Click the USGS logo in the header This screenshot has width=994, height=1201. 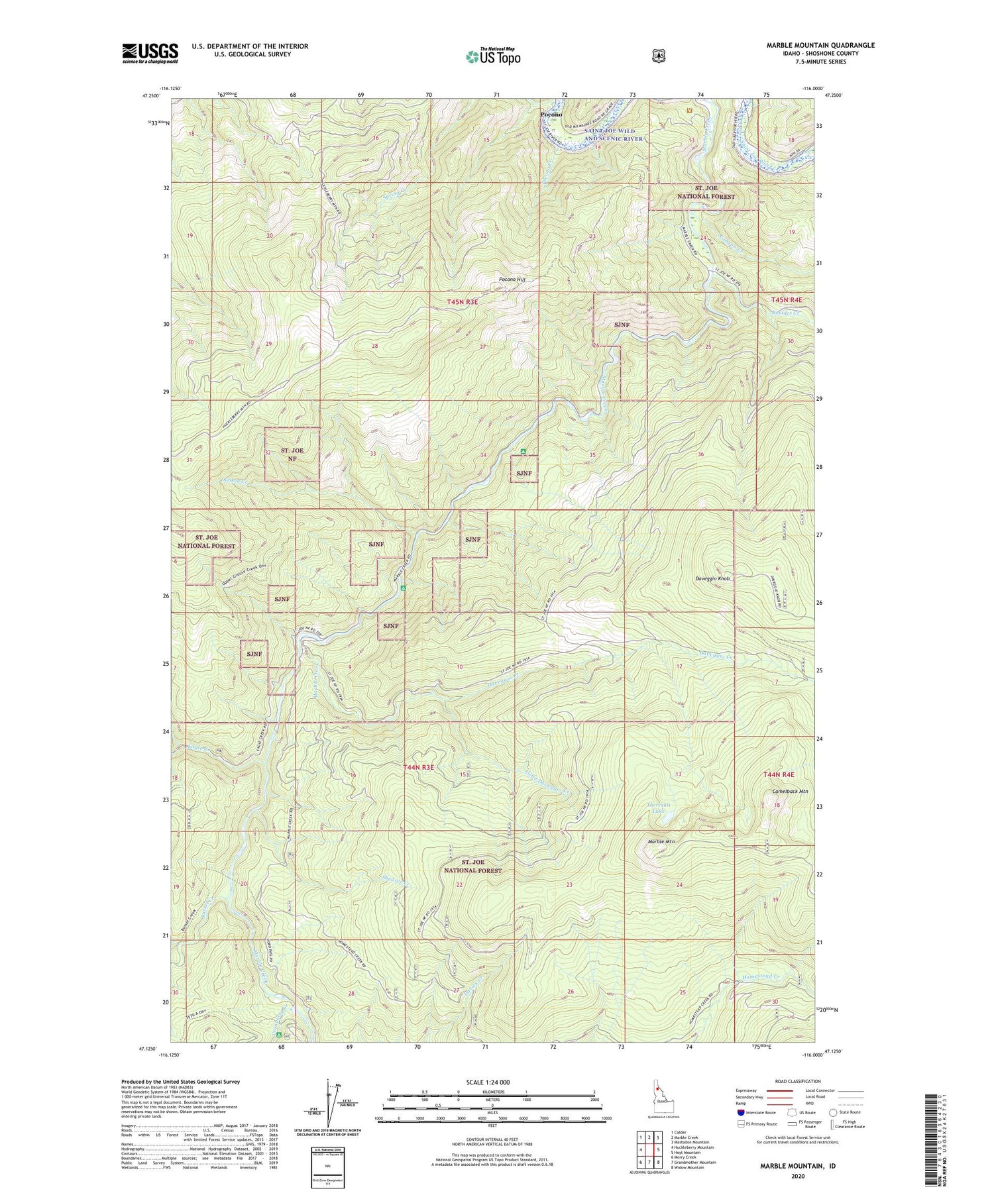coord(150,53)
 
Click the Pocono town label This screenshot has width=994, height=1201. coord(551,114)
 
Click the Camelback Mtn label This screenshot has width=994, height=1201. coord(790,792)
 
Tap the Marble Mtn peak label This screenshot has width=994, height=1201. coord(661,842)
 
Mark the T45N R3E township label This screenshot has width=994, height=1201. coord(463,301)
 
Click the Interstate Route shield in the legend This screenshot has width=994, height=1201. coord(741,1113)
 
